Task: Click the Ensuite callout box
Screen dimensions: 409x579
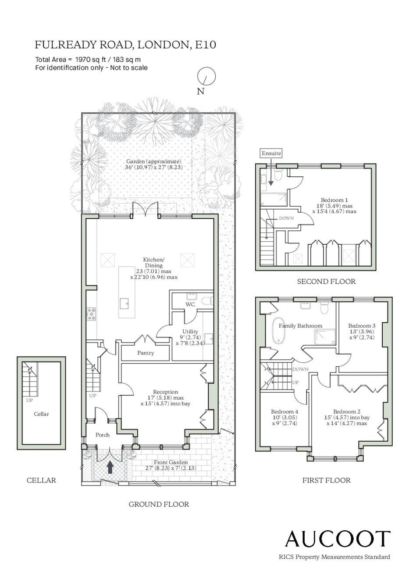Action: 271,153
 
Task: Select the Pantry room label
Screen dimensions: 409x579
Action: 146,353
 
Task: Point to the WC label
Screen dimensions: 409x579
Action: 190,304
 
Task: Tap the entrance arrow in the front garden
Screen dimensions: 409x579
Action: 110,467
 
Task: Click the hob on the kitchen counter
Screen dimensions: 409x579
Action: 92,313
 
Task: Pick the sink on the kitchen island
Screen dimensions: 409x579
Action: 124,304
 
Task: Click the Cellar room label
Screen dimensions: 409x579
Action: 41,414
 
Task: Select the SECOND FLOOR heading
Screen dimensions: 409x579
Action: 326,281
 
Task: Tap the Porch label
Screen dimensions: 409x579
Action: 102,435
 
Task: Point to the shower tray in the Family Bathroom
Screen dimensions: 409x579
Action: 325,337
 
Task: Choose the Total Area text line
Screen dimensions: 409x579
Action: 88,60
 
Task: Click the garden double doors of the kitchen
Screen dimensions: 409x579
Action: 145,209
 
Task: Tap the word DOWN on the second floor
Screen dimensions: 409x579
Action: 286,218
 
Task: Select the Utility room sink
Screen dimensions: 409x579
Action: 209,338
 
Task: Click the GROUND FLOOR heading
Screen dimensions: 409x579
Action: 159,504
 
